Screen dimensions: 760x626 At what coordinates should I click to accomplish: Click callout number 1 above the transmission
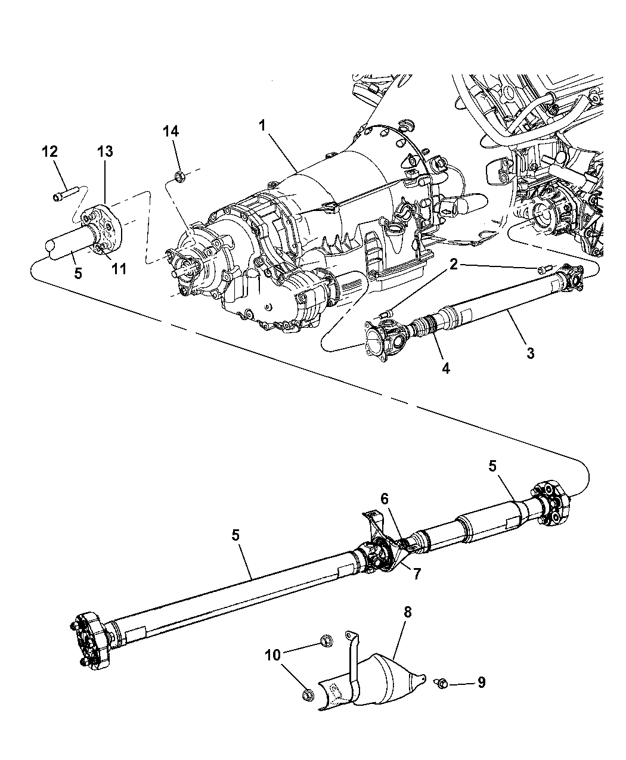[262, 126]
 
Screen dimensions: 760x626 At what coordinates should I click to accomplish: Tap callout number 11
[119, 269]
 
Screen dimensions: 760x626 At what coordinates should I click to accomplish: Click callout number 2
[454, 264]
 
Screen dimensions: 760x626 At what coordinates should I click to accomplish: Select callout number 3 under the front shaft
[530, 353]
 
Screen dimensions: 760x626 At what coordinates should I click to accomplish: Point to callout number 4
[445, 368]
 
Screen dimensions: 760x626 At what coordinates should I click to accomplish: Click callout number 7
[417, 574]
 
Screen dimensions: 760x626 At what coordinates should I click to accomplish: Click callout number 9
[480, 682]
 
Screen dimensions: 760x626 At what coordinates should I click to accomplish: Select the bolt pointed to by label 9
[442, 680]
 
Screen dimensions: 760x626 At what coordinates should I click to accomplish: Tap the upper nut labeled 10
[326, 641]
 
